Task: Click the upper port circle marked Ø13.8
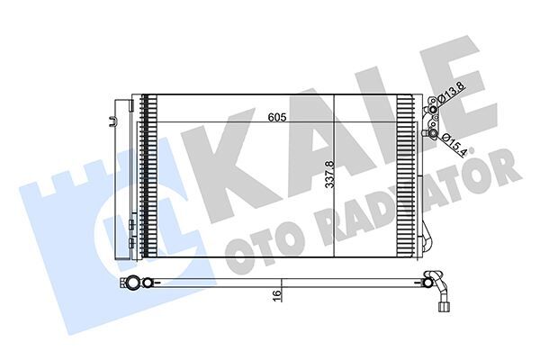point(433,110)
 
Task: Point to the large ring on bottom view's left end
point(133,284)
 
